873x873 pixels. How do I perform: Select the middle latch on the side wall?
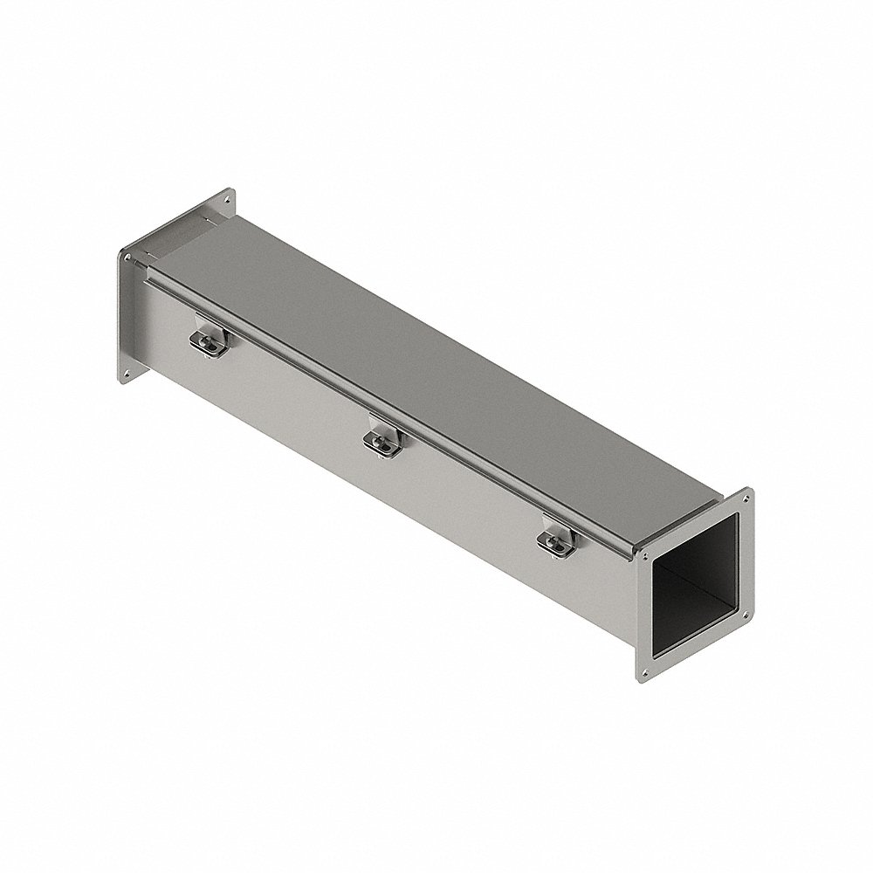(x=382, y=438)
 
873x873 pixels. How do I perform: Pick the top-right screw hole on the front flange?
(x=746, y=500)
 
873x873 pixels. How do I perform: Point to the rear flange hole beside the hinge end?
(x=127, y=258)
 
